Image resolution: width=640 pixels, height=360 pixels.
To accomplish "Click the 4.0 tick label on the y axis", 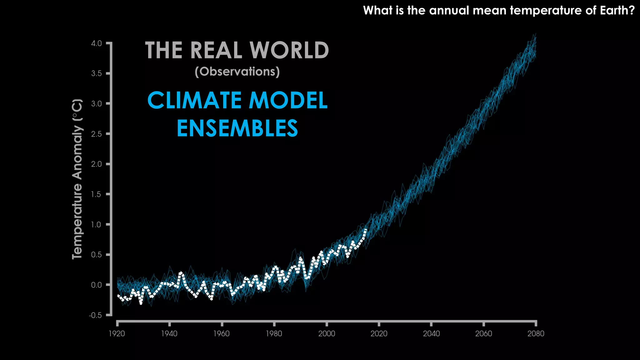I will (96, 43).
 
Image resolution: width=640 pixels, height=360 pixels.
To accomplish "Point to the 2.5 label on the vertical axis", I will (96, 134).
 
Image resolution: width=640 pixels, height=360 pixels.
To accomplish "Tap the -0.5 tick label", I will (95, 315).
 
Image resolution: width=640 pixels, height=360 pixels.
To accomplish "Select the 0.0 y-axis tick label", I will (96, 285).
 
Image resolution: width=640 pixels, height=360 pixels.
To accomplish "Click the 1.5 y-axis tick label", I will (96, 194).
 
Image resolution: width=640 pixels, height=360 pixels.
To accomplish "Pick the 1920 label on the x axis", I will (117, 334).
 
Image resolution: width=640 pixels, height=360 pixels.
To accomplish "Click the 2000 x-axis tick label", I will (327, 334).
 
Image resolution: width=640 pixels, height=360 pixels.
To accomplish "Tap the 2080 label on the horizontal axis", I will (536, 334).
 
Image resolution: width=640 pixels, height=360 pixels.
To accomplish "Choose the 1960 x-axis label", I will (221, 334).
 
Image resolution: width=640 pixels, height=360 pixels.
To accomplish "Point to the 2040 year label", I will (431, 334).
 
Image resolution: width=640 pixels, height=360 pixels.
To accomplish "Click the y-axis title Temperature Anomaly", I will (77, 179).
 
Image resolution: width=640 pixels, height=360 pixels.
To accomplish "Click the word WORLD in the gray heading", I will (289, 50).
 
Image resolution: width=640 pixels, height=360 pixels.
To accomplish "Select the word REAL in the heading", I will (216, 50).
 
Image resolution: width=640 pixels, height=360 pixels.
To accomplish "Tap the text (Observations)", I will (237, 72).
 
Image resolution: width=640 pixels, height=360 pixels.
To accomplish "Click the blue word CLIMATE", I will (194, 101).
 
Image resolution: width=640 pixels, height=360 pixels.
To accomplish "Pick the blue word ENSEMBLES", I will (237, 128).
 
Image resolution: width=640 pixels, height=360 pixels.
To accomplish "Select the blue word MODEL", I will (288, 101).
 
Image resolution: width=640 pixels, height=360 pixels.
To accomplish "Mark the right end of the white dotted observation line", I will (366, 230).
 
